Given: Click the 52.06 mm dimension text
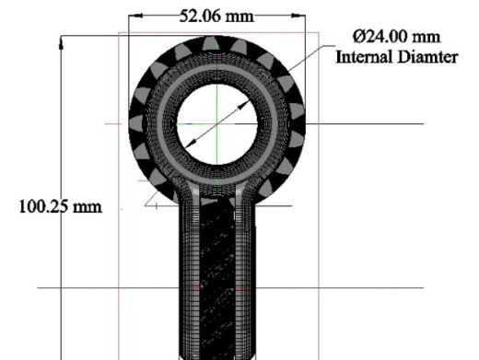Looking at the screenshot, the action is click(x=216, y=16).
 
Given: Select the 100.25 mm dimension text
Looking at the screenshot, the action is click(x=61, y=206).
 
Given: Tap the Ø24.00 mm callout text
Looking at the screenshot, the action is click(x=397, y=37).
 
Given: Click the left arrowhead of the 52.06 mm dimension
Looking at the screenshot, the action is click(x=135, y=16).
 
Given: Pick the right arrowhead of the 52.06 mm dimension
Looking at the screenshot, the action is click(x=298, y=16).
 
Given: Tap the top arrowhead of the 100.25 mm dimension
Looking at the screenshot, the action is click(x=61, y=42).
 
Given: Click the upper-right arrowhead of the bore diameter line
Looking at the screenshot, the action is click(x=244, y=105).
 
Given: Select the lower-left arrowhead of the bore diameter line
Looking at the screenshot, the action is click(x=192, y=143).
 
